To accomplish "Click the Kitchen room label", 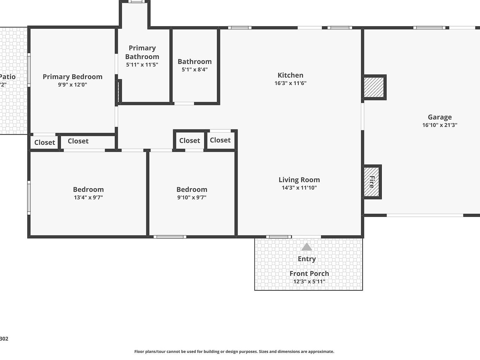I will pyautogui.click(x=290, y=75).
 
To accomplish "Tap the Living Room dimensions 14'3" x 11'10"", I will pyautogui.click(x=299, y=188).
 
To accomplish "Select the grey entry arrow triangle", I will pyautogui.click(x=307, y=247).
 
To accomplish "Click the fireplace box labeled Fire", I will pyautogui.click(x=372, y=182).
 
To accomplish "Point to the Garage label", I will pyautogui.click(x=439, y=117).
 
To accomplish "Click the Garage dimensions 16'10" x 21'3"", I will pyautogui.click(x=439, y=125).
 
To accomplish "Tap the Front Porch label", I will pyautogui.click(x=309, y=274).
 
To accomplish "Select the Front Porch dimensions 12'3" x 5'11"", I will pyautogui.click(x=309, y=282).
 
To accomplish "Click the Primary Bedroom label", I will pyautogui.click(x=72, y=77).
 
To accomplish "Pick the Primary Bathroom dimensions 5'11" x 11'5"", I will pyautogui.click(x=142, y=65).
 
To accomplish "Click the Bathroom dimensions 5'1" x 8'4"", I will pyautogui.click(x=195, y=69).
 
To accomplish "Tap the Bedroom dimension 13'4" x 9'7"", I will pyautogui.click(x=88, y=197).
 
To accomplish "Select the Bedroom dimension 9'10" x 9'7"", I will pyautogui.click(x=192, y=197).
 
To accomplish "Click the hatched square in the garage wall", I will pyautogui.click(x=374, y=87).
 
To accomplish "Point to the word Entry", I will pyautogui.click(x=307, y=259).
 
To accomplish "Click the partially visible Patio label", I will pyautogui.click(x=7, y=77).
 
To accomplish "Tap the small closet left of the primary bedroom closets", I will pyautogui.click(x=44, y=142).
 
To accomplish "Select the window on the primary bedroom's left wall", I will pyautogui.click(x=29, y=70).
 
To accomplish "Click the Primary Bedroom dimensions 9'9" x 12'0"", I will pyautogui.click(x=72, y=85).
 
